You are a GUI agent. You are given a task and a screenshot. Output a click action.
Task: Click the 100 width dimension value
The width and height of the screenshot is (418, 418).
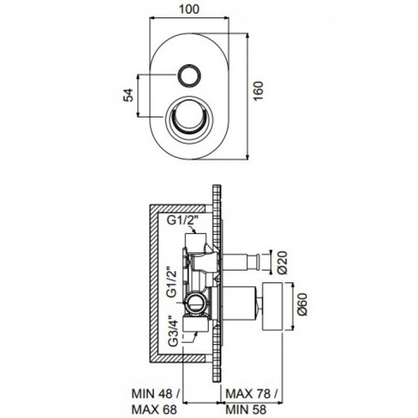[x=189, y=9]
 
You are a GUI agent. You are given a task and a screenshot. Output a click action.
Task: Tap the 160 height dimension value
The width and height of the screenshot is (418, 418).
[x=258, y=91]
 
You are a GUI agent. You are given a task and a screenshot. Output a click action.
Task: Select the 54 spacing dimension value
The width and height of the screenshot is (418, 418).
[x=128, y=95]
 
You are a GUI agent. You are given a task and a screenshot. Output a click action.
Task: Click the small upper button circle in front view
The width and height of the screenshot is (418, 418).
[x=189, y=75]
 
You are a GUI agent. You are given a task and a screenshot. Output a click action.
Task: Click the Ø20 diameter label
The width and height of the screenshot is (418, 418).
[x=282, y=262]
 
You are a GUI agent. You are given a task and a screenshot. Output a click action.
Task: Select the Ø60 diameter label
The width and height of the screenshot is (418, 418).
[x=303, y=304]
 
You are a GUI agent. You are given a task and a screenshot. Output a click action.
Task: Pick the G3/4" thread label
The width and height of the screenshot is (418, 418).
[x=173, y=331]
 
